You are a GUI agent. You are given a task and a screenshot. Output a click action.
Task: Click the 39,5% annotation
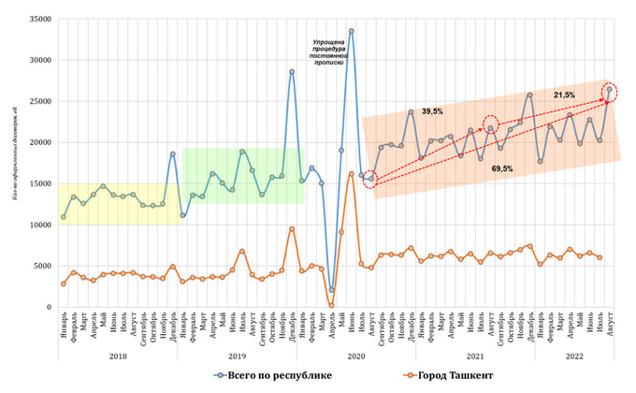(x=432, y=111)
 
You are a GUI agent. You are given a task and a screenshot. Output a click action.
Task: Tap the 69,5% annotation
(x=501, y=169)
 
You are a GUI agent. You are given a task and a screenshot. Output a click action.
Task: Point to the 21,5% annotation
(x=564, y=95)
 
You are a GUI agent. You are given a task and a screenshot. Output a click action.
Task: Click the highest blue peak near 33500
(x=351, y=31)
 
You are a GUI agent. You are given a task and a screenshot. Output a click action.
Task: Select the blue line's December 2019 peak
(x=292, y=71)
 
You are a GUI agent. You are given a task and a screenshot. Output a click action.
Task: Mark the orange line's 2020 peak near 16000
(x=351, y=174)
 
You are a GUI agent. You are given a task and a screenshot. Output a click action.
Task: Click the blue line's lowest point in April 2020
(x=331, y=290)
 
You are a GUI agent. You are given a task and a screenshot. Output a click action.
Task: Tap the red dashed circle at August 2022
(x=609, y=90)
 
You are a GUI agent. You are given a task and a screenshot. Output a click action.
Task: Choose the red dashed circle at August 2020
(x=370, y=179)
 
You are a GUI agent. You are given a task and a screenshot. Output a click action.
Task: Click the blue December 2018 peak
(x=173, y=153)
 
